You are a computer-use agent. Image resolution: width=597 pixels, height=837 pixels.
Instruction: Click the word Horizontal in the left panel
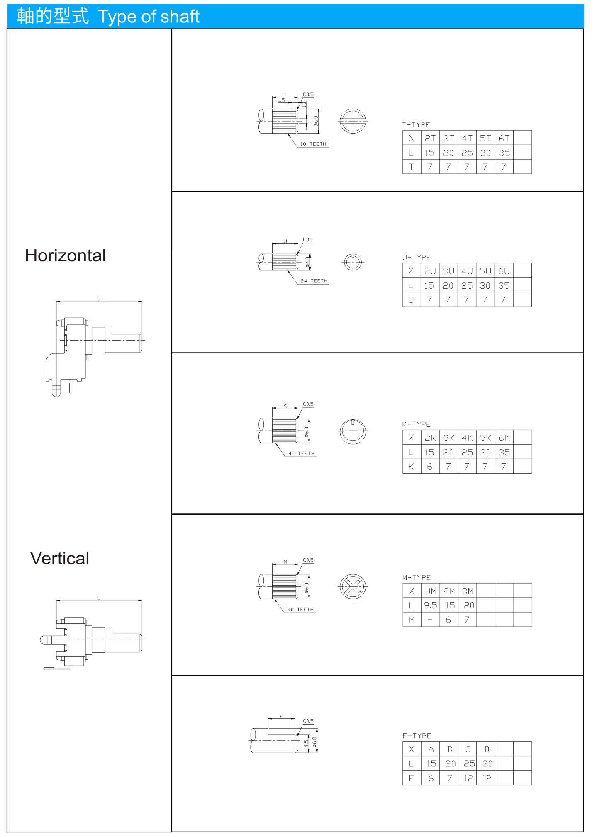point(65,255)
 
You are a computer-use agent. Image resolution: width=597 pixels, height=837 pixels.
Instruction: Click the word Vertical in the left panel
point(59,558)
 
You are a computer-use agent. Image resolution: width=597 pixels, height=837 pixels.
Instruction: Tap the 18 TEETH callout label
point(313,144)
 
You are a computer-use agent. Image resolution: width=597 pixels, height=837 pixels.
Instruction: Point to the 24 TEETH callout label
point(314,281)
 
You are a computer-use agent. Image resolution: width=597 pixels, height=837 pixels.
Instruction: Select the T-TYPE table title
point(416,124)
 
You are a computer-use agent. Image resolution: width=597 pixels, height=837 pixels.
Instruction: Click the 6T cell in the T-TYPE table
point(504,138)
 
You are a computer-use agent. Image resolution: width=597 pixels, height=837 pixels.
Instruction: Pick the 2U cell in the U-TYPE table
point(430,271)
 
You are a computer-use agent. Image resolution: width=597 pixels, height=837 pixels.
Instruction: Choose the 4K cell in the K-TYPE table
point(467,438)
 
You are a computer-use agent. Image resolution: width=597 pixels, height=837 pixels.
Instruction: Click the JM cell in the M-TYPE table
point(431,591)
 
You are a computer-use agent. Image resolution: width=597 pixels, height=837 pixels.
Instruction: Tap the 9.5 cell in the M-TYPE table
point(431,605)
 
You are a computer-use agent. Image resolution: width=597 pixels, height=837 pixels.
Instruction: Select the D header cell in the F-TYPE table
point(486,749)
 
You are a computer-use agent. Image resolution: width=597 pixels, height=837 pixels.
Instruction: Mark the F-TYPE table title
point(417,736)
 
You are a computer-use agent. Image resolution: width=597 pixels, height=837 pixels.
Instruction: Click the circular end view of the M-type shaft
point(353,586)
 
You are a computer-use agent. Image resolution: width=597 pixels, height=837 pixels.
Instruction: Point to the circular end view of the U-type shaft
point(353,262)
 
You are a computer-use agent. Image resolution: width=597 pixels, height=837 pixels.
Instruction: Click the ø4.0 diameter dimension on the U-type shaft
point(307,262)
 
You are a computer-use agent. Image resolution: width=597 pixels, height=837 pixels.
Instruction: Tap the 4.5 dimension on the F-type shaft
point(306,744)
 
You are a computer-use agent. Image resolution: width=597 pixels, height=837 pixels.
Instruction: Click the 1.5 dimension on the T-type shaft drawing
point(281,100)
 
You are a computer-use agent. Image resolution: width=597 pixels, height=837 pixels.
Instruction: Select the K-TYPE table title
point(416,424)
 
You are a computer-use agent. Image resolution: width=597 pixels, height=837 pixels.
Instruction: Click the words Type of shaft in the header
point(149,17)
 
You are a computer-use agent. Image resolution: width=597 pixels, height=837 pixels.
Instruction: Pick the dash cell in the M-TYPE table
point(431,620)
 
